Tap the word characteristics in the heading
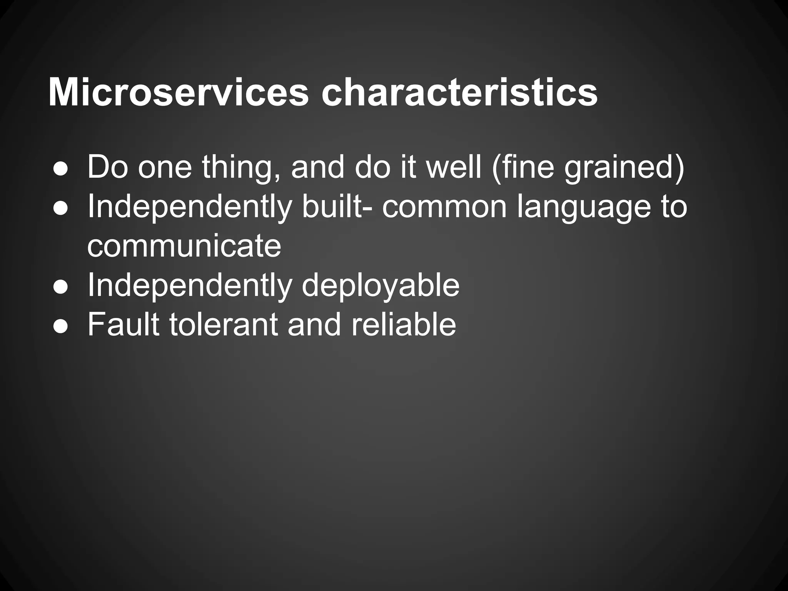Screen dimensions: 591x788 coord(459,93)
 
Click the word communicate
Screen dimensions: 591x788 coord(184,246)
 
